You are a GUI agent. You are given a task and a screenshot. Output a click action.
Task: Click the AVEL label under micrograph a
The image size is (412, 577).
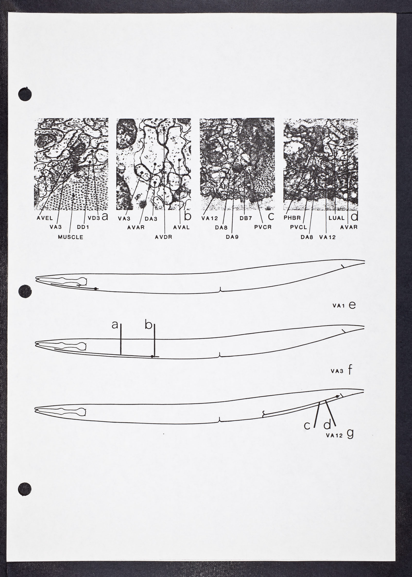click(45, 218)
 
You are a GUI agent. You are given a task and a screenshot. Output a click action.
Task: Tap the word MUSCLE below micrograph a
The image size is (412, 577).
click(71, 237)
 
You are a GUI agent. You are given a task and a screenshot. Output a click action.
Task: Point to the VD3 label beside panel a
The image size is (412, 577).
click(94, 218)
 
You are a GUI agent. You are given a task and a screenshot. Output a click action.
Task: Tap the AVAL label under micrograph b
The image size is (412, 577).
click(181, 228)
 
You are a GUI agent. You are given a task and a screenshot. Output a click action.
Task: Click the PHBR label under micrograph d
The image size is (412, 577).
click(292, 218)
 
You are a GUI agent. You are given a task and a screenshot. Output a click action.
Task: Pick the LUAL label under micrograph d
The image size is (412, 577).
click(337, 218)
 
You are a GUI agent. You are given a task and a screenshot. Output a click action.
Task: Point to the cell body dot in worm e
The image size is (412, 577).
click(96, 289)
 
